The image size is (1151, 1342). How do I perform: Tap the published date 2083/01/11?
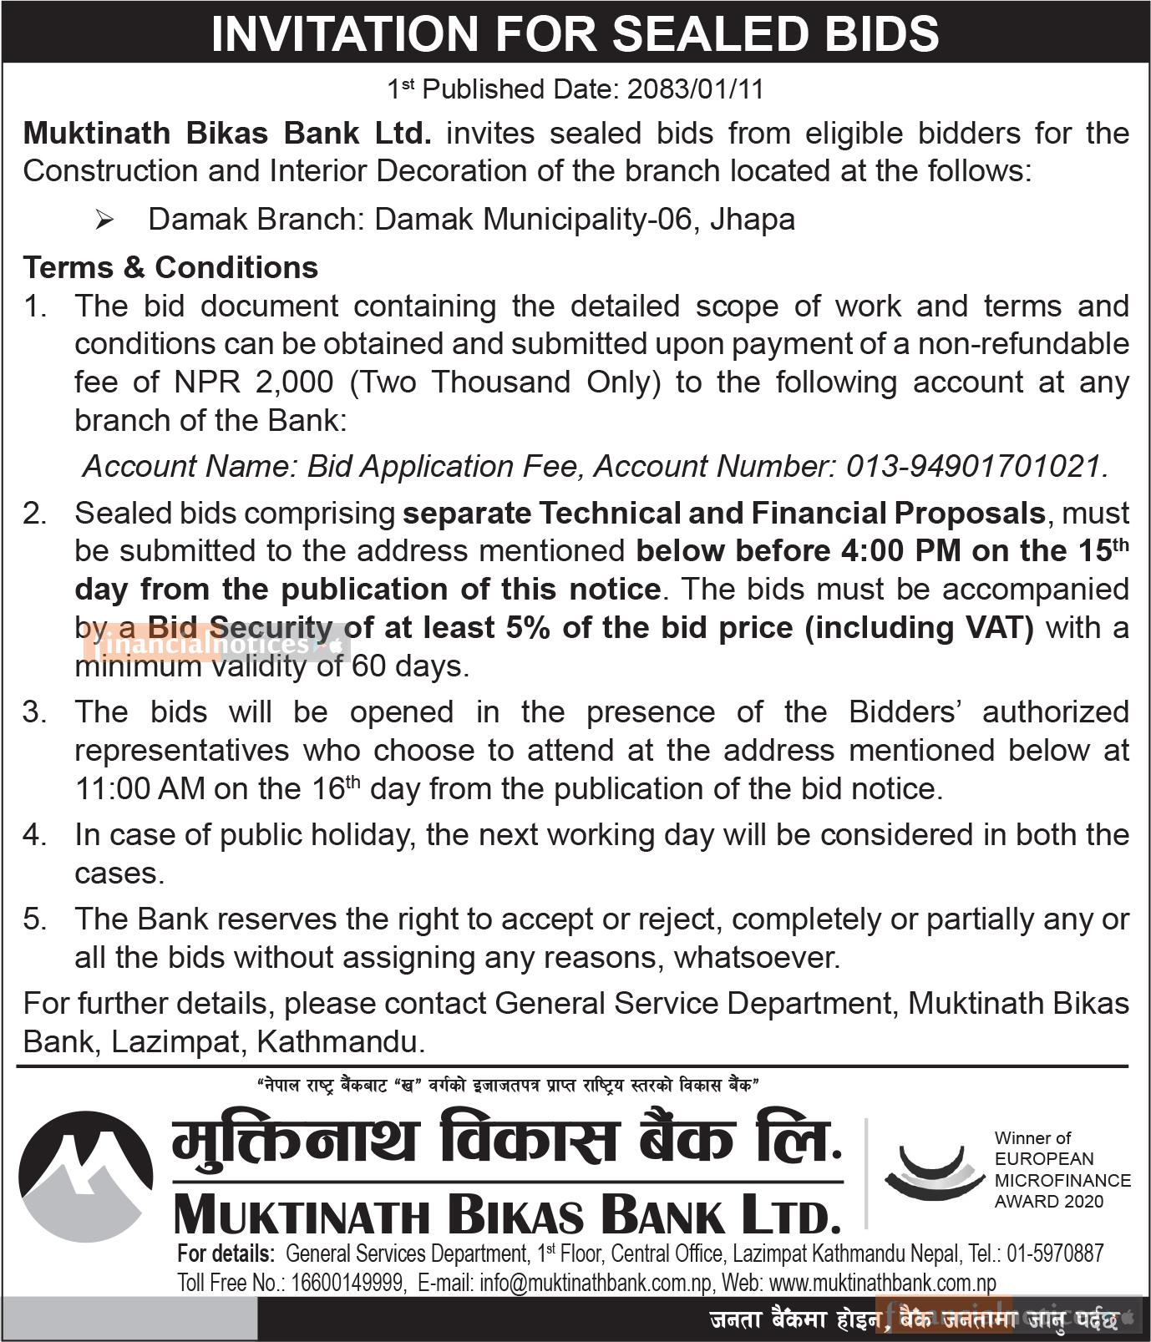pyautogui.click(x=695, y=89)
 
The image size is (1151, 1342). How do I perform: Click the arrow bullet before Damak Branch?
pyautogui.click(x=105, y=220)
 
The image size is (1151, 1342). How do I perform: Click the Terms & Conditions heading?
pyautogui.click(x=170, y=267)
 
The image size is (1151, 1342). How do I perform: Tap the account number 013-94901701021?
pyautogui.click(x=976, y=466)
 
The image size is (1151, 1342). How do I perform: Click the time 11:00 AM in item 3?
pyautogui.click(x=139, y=788)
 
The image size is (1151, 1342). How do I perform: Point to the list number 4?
pyautogui.click(x=34, y=835)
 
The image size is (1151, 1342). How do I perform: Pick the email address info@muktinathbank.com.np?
pyautogui.click(x=594, y=1283)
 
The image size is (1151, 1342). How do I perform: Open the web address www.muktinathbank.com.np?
pyautogui.click(x=882, y=1283)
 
